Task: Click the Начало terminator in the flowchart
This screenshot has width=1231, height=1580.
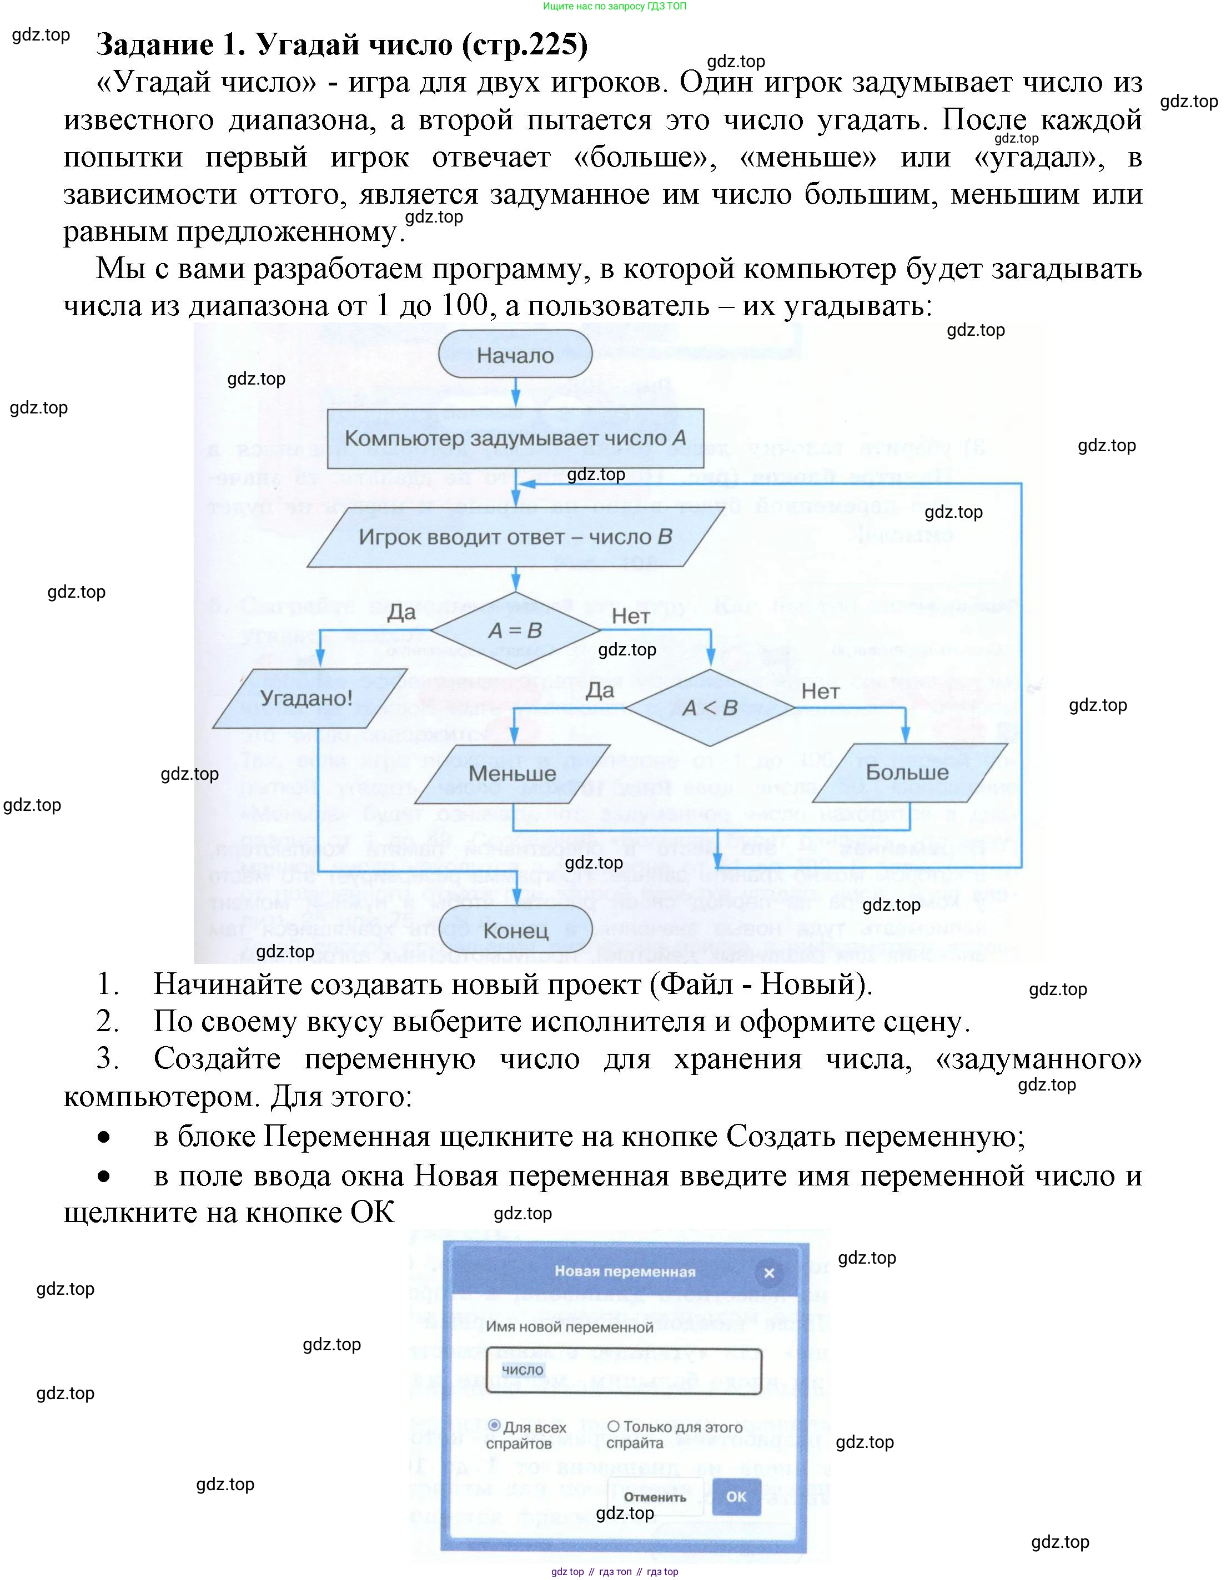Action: (x=515, y=355)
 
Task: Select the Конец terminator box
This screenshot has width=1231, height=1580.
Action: (x=515, y=930)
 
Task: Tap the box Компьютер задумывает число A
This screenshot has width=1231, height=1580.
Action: (x=515, y=438)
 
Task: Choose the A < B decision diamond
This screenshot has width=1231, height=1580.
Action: (x=710, y=708)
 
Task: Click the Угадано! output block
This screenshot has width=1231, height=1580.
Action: (x=305, y=698)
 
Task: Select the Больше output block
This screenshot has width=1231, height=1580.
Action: (x=907, y=773)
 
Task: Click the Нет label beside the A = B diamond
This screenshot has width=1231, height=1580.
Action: (x=630, y=617)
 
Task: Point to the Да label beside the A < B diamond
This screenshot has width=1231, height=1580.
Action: (x=600, y=690)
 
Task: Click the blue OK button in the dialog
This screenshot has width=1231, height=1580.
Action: (x=736, y=1496)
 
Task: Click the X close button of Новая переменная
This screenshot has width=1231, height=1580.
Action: (x=769, y=1273)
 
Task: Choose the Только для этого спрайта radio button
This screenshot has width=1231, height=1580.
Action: (x=613, y=1426)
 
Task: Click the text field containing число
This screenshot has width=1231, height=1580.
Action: (x=624, y=1370)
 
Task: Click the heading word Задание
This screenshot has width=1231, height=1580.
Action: (x=155, y=45)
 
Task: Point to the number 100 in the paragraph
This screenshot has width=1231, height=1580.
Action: (x=463, y=305)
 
